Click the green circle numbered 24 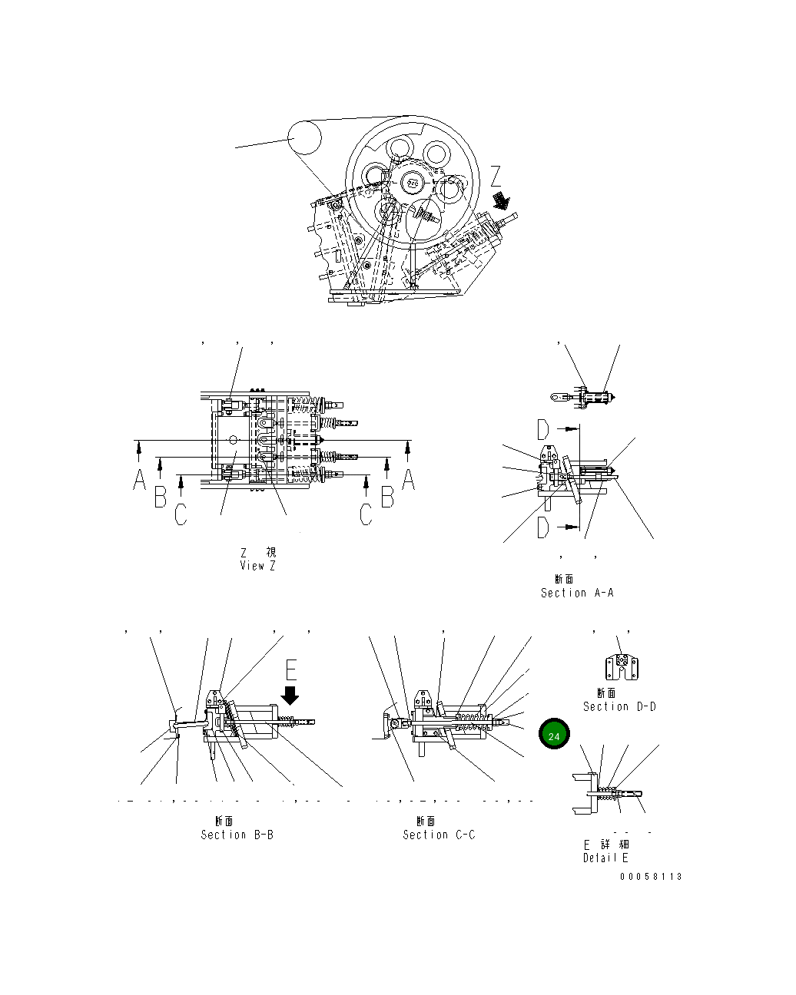554,735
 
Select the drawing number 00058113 651,877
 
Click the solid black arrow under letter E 290,695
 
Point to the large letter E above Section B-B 291,669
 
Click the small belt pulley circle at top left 304,138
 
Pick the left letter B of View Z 160,497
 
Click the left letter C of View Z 180,514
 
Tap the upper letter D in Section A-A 543,429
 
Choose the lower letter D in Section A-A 543,527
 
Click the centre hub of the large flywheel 413,183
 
